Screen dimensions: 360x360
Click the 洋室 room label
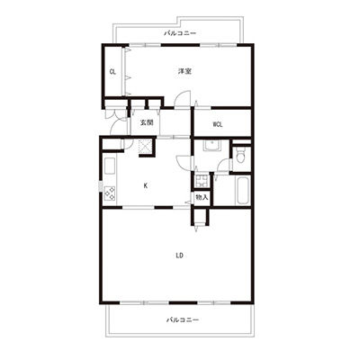pos(184,71)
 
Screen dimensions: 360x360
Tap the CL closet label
pos(112,72)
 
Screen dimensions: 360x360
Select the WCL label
pos(218,124)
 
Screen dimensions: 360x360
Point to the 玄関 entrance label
pos(147,122)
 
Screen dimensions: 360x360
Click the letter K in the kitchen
pos(146,186)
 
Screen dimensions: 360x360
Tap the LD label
pos(179,256)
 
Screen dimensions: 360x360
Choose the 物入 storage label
pos(202,197)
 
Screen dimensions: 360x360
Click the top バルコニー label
pos(180,33)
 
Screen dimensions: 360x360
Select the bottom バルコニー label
pos(183,320)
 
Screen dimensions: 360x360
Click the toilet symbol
pos(240,156)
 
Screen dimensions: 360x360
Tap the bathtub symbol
pos(242,191)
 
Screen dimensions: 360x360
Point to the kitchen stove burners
pos(110,193)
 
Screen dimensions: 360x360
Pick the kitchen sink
pos(110,166)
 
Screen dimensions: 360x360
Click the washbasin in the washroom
pos(212,146)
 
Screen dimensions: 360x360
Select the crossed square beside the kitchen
pos(146,147)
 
